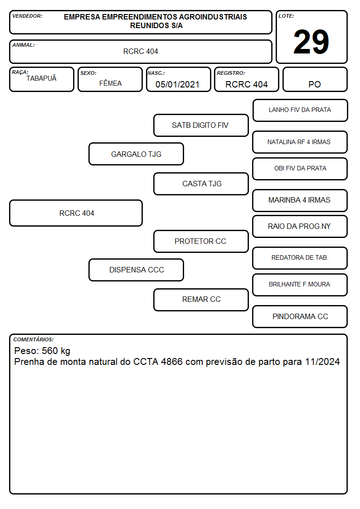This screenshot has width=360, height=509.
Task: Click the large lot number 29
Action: pyautogui.click(x=311, y=42)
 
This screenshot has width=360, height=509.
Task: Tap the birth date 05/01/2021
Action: pyautogui.click(x=177, y=84)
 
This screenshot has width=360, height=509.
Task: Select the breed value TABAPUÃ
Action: pyautogui.click(x=41, y=78)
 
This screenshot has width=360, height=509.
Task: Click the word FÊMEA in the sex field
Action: pyautogui.click(x=110, y=83)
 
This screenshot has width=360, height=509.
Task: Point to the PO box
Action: pyautogui.click(x=315, y=79)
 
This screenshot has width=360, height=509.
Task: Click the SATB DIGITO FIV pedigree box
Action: pyautogui.click(x=201, y=125)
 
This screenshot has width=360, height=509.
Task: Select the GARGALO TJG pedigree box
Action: pyautogui.click(x=136, y=154)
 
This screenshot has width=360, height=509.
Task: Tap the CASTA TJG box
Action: pyautogui.click(x=201, y=184)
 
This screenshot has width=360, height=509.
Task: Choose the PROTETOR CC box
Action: pyautogui.click(x=201, y=241)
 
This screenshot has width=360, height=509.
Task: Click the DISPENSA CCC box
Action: pyautogui.click(x=136, y=270)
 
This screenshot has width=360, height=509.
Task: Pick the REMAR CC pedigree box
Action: pyautogui.click(x=201, y=300)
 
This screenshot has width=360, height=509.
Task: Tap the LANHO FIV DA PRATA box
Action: pyautogui.click(x=300, y=111)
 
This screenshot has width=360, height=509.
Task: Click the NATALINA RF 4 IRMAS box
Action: pyautogui.click(x=300, y=142)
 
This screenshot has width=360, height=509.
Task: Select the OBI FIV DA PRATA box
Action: pyautogui.click(x=300, y=169)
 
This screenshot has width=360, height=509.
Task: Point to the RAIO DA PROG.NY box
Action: pyautogui.click(x=300, y=227)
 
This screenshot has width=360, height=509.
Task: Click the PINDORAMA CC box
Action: pyautogui.click(x=300, y=316)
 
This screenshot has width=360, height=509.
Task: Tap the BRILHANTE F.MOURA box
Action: pyautogui.click(x=300, y=285)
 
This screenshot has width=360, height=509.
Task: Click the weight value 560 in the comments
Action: pyautogui.click(x=50, y=350)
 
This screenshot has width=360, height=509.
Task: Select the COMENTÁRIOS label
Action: pyautogui.click(x=34, y=339)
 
